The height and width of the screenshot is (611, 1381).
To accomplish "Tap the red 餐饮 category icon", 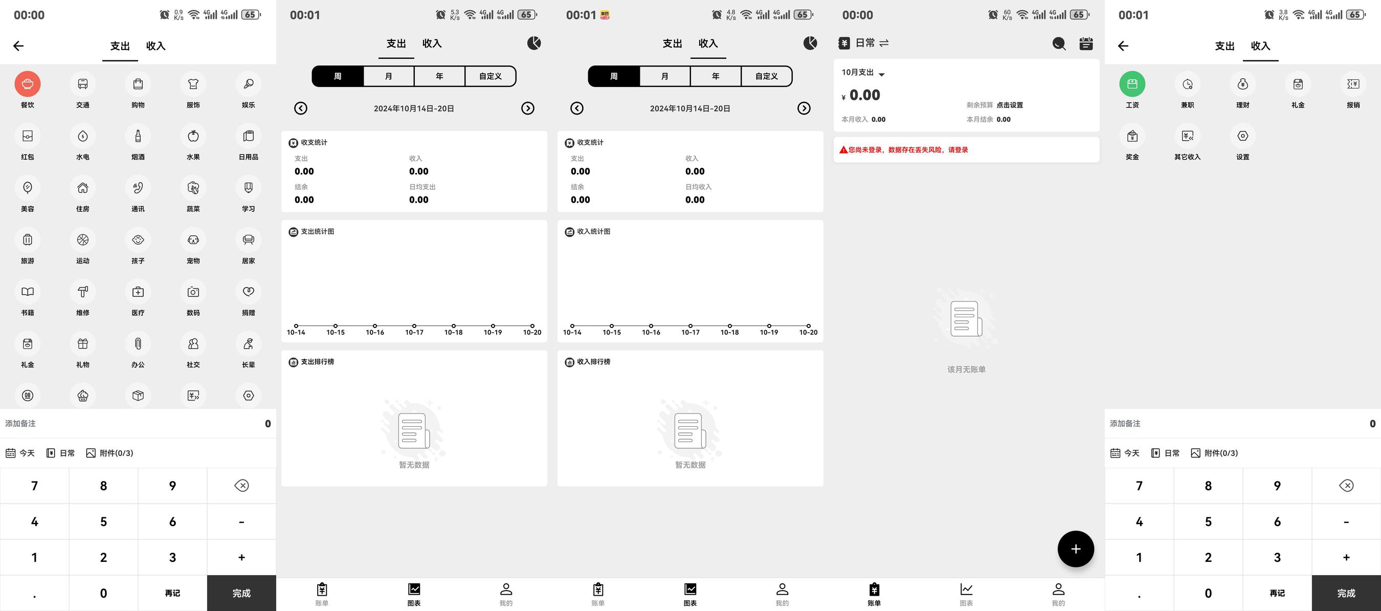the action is (27, 84).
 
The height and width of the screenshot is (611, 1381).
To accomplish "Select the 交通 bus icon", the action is (82, 84).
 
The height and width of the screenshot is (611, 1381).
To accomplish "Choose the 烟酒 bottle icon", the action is (138, 136).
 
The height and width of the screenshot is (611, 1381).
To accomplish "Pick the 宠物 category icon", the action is (193, 240).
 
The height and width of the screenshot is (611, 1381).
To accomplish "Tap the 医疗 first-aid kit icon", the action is (138, 292).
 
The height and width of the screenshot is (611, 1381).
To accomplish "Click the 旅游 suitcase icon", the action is (27, 240).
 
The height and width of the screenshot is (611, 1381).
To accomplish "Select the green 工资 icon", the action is (1132, 84).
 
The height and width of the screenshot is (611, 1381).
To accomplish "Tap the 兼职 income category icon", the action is (1188, 84).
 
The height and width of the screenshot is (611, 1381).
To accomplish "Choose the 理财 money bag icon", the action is (1243, 84).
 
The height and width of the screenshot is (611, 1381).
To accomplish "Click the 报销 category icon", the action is (1353, 84).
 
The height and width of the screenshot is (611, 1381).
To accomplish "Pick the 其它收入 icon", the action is (1188, 136).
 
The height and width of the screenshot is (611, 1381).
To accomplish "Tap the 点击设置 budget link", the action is (1010, 105).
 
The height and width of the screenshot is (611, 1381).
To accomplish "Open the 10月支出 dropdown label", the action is (858, 73).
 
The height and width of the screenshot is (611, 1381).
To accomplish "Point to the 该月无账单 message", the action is (966, 369).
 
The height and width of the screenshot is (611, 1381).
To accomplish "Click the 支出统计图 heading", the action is (317, 232).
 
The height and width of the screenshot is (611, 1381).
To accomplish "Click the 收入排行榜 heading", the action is (593, 362).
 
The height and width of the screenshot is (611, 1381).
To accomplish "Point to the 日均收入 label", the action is (699, 187).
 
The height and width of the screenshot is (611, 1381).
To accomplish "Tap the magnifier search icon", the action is (1059, 43).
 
